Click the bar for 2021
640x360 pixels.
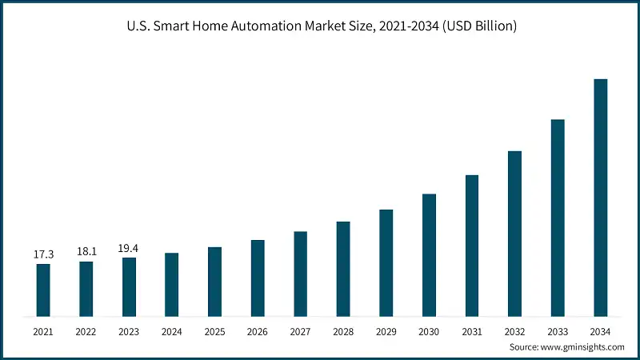[43, 290]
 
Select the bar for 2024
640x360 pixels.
[172, 284]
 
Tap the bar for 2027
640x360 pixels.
[301, 274]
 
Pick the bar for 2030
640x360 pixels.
[430, 254]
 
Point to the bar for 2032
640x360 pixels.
[515, 233]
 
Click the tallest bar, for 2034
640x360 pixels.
[601, 197]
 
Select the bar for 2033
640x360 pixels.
[558, 218]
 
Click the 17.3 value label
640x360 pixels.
[43, 254]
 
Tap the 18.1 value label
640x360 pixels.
[86, 252]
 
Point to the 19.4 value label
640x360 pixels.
[129, 248]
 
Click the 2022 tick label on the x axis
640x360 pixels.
[86, 331]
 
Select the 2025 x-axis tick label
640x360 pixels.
[215, 331]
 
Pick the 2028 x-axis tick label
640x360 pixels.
[343, 331]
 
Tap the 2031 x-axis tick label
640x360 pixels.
[472, 331]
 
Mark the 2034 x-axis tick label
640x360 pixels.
[601, 331]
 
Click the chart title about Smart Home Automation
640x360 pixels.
[320, 26]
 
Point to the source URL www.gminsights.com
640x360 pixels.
[583, 347]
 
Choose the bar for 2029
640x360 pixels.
[386, 262]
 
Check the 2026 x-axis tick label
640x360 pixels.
[258, 331]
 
